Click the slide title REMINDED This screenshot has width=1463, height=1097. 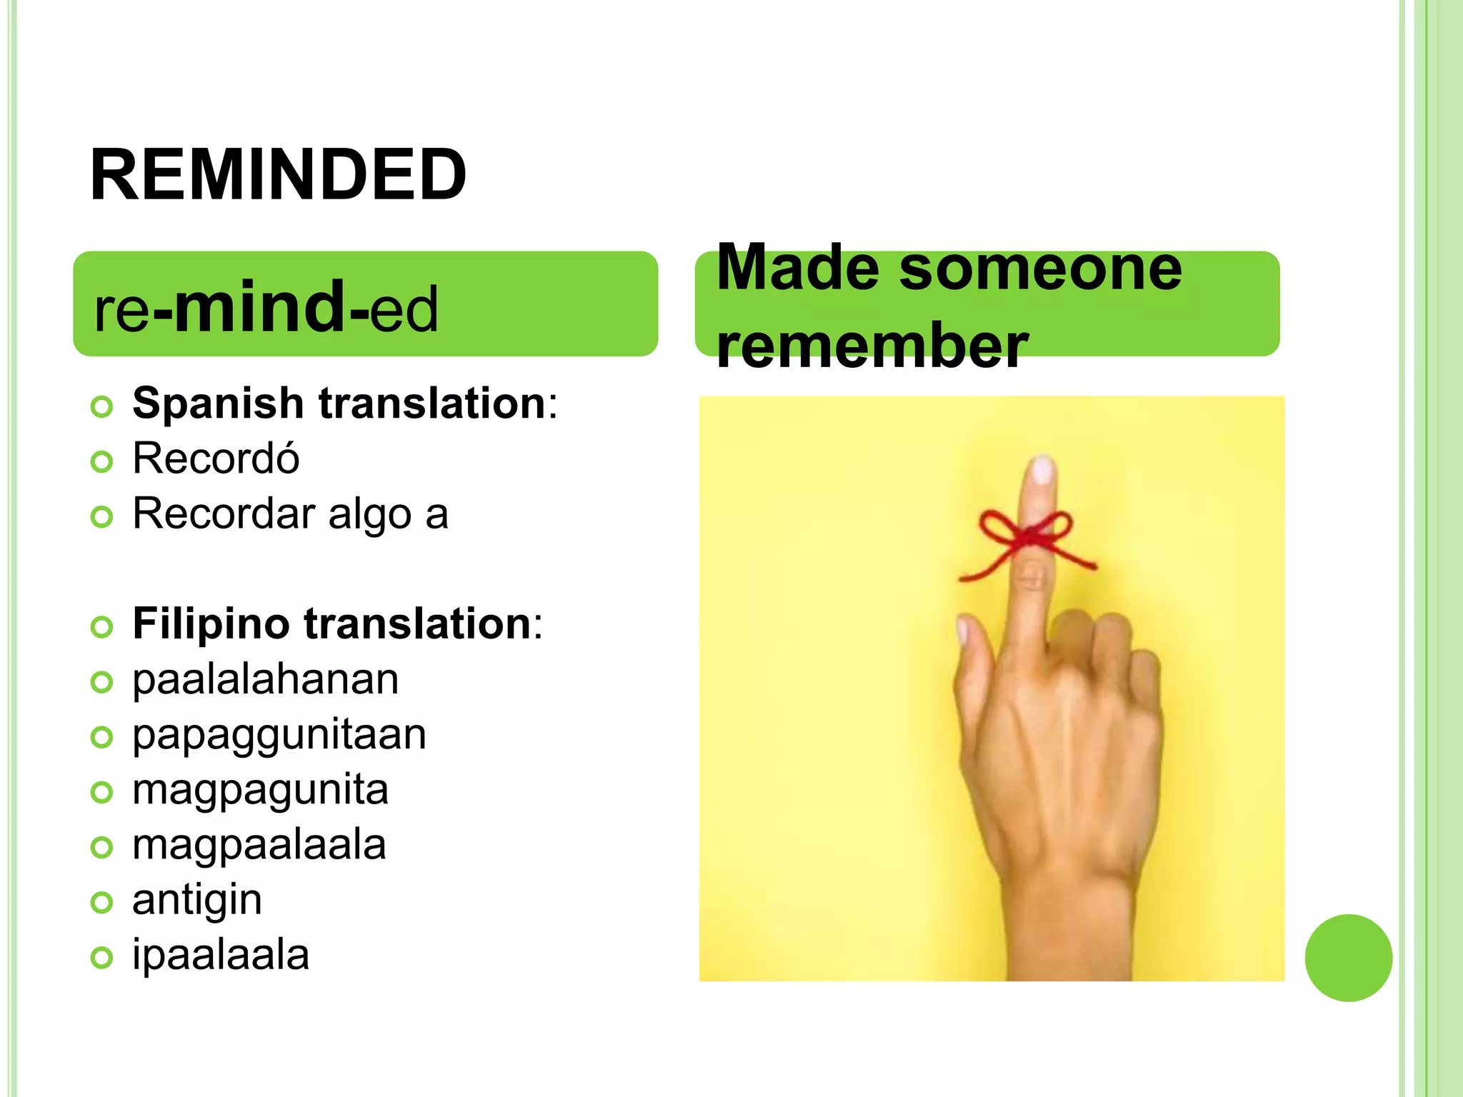coord(279,176)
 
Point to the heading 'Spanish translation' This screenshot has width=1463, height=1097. coord(339,404)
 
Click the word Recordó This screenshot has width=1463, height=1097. coord(216,459)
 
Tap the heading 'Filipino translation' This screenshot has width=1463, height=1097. coord(332,623)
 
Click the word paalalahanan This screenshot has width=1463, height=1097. coord(265,679)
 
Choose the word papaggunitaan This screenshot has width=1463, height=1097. coord(279,734)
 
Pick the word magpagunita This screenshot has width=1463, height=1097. coord(260,790)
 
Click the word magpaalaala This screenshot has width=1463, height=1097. coord(259,845)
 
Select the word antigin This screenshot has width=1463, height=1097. coord(197,900)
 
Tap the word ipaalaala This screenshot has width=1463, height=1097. coord(221,956)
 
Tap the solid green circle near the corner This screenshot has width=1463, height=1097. coord(1348,958)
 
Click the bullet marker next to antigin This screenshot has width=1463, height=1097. coord(102,903)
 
